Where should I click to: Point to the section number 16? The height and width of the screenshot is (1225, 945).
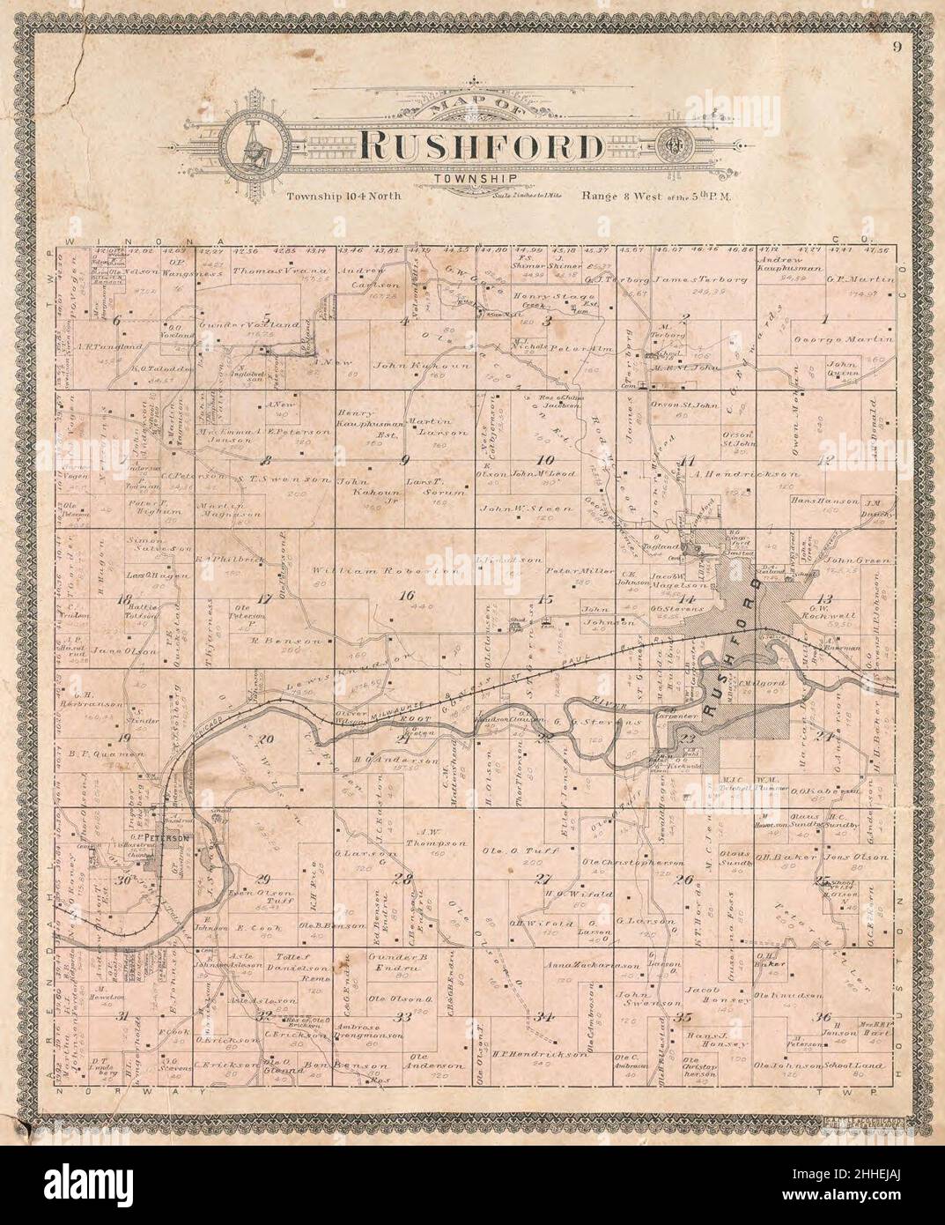point(405,597)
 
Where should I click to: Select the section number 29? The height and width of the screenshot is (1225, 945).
point(262,878)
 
